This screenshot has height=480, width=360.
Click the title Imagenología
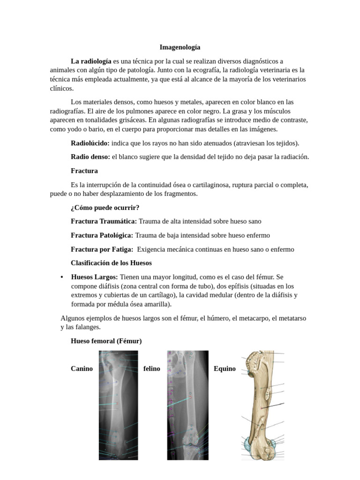tap(180, 47)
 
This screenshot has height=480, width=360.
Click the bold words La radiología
tap(91, 61)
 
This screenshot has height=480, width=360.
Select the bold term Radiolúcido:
tap(90, 143)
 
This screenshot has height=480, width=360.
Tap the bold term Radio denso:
tap(90, 157)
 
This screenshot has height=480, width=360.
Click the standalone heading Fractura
tap(84, 171)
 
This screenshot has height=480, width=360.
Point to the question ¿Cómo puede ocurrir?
tap(105, 207)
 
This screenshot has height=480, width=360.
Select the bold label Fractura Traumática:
tap(104, 221)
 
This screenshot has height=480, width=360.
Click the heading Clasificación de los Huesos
tap(111, 263)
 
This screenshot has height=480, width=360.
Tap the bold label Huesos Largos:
tap(94, 277)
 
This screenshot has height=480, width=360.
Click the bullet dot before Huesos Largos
tap(62, 277)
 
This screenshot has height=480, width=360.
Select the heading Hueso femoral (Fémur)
tap(106, 341)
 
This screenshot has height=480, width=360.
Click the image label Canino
tap(82, 368)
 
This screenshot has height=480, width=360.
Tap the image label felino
tap(151, 368)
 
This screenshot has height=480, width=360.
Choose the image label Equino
tap(225, 368)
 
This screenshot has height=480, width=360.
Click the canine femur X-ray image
tap(118, 405)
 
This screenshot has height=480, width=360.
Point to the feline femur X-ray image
tap(187, 405)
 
